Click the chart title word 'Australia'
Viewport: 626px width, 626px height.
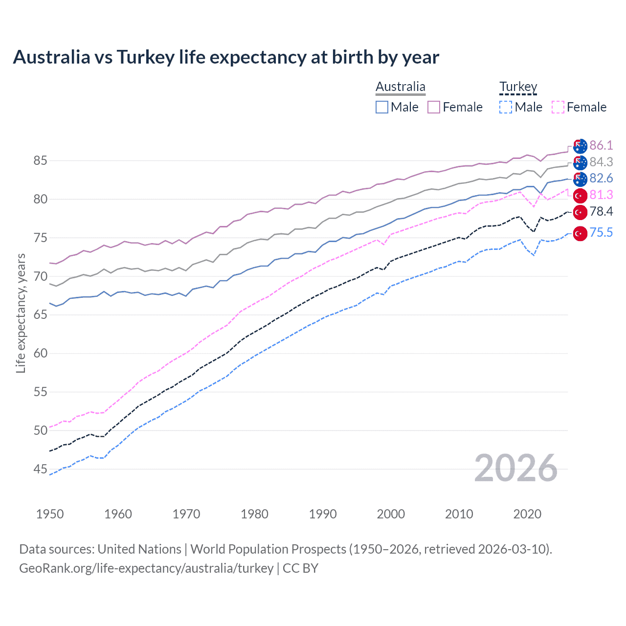(51, 57)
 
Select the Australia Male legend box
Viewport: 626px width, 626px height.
(382, 107)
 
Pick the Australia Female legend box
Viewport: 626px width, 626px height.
(434, 107)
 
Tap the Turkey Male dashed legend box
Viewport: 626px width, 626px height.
(506, 107)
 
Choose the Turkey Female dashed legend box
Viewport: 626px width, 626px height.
(558, 107)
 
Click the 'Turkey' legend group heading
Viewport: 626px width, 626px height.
(518, 87)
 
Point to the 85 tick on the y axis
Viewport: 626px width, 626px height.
(41, 160)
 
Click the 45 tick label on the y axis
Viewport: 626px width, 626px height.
(41, 469)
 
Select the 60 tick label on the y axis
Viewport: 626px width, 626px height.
(41, 354)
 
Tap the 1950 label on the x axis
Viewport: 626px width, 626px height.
(50, 514)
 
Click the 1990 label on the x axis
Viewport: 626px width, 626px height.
(323, 514)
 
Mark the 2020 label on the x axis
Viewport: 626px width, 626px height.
(527, 514)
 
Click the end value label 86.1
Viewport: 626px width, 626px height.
(601, 146)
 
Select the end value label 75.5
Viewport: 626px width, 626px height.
(601, 233)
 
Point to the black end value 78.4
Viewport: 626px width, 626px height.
(601, 212)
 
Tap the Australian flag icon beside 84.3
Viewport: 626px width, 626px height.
(580, 162)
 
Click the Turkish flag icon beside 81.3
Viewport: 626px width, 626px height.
(580, 196)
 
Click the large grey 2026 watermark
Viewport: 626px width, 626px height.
(515, 468)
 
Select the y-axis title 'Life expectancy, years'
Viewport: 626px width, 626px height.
(21, 313)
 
